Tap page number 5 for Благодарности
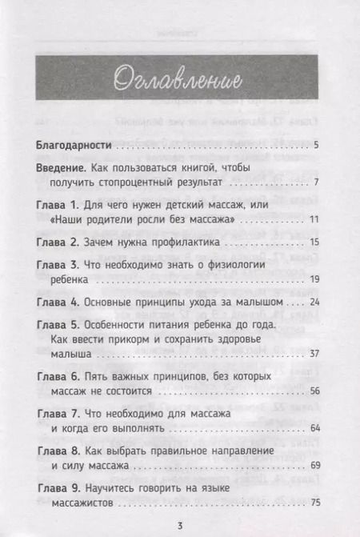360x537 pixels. (x=317, y=146)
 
